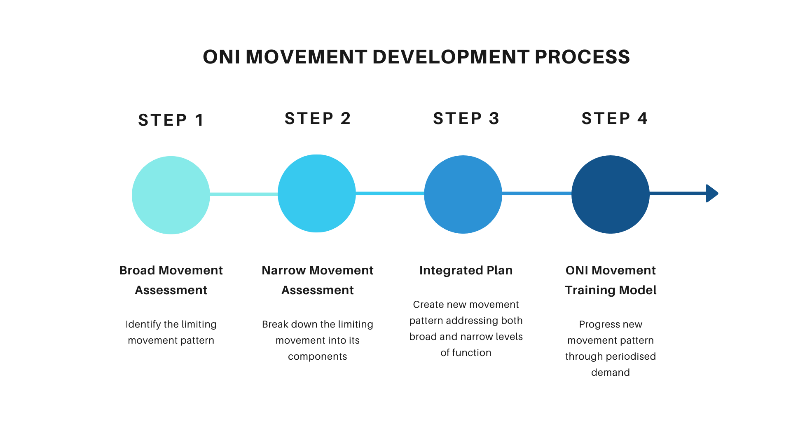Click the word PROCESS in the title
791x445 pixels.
tap(582, 57)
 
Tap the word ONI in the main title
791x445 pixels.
tap(221, 57)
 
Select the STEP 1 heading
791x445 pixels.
tap(171, 120)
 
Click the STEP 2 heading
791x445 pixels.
tap(318, 118)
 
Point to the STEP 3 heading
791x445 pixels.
tap(466, 118)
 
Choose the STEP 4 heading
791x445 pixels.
tap(614, 118)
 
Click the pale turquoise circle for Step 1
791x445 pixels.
tap(171, 195)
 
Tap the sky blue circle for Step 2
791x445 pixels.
tap(317, 193)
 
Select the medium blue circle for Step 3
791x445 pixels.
tap(463, 194)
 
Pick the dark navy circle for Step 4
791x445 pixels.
tap(610, 194)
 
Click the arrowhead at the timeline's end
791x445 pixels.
tap(711, 193)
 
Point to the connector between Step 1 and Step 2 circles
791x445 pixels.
tap(243, 194)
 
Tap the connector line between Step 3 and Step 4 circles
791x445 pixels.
tap(536, 193)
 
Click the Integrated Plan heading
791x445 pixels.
tap(466, 270)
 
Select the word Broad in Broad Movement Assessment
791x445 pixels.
tap(137, 270)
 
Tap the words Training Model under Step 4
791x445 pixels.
tap(610, 290)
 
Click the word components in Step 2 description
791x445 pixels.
tap(317, 356)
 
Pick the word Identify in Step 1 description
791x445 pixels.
tap(143, 324)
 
